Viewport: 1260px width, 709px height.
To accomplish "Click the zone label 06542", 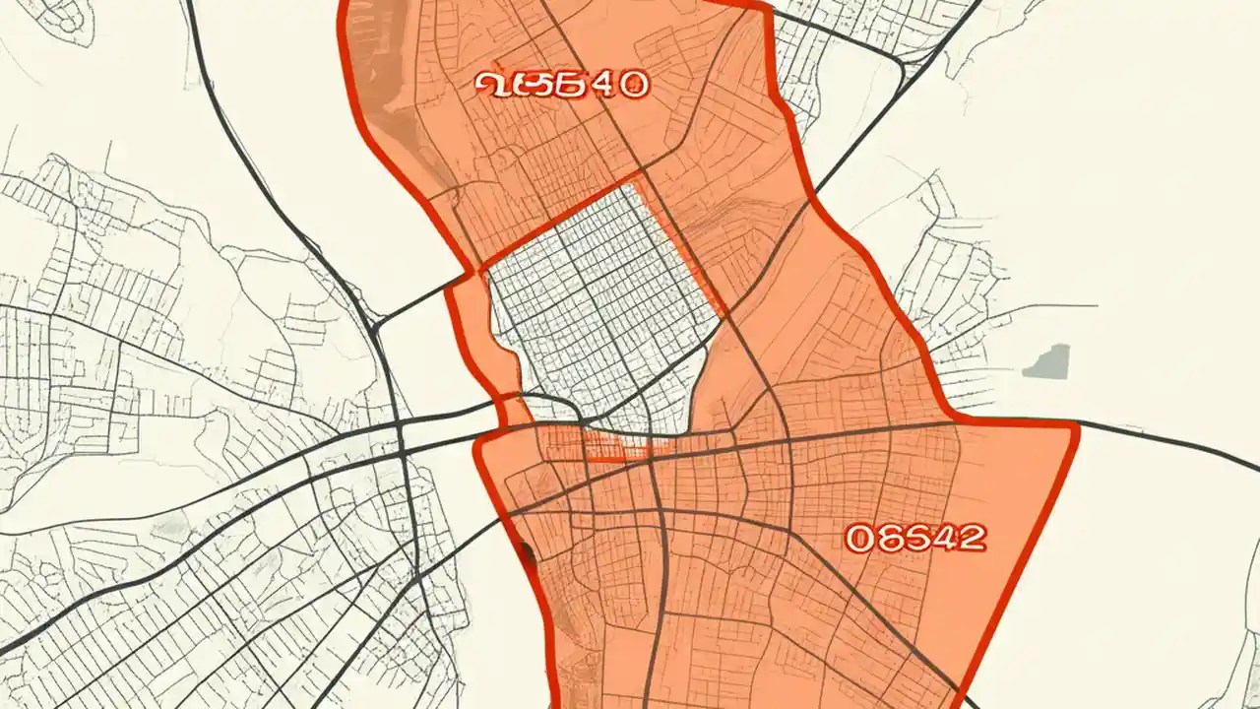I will point(915,538).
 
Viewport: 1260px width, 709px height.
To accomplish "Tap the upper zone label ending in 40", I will point(562,85).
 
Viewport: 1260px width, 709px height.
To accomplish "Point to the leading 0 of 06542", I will point(859,538).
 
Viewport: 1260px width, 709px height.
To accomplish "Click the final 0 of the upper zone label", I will point(633,85).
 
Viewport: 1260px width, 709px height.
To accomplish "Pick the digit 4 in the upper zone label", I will point(602,85).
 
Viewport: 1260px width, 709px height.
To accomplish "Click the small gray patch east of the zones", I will point(1047,362).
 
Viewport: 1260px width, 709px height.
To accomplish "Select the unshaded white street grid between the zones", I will point(600,305).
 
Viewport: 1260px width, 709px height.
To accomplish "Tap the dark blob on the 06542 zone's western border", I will point(529,554).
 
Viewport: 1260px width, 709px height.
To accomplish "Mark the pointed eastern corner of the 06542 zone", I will point(1076,425).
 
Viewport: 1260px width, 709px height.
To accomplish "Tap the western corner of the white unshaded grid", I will point(482,268).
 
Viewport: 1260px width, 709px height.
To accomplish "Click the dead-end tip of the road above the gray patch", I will point(1095,305).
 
